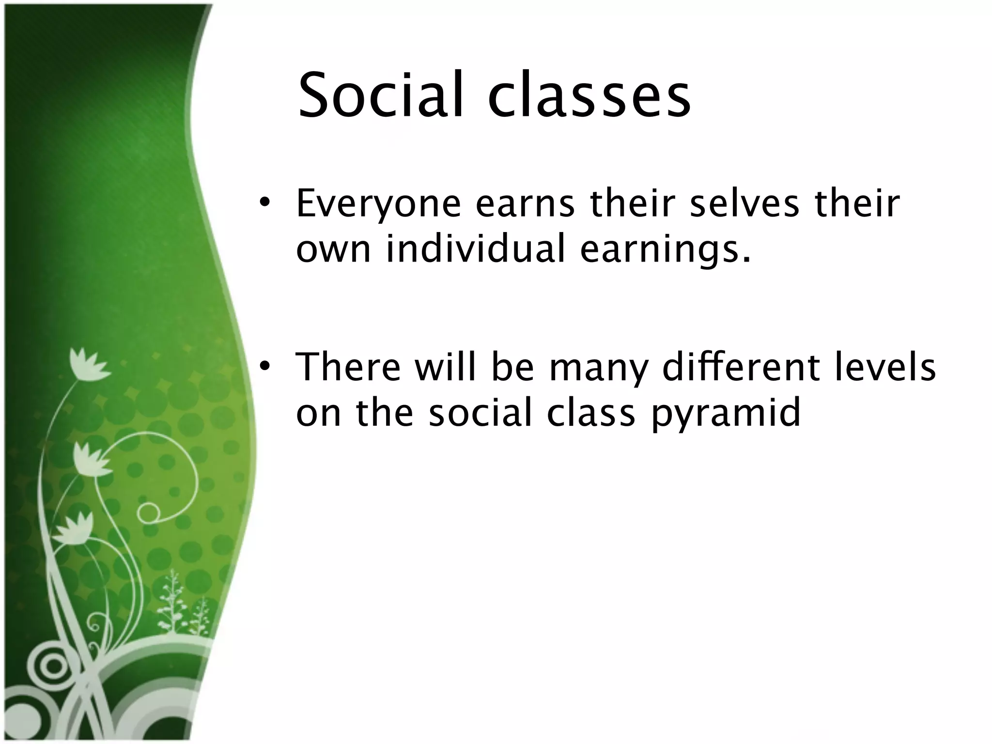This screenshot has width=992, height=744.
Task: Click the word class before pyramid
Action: click(590, 413)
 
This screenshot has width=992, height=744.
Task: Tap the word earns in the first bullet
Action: click(525, 205)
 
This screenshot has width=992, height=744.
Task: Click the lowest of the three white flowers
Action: click(73, 529)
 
